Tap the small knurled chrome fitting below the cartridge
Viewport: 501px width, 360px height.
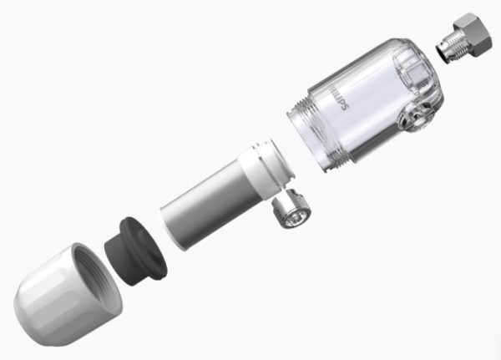291,210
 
